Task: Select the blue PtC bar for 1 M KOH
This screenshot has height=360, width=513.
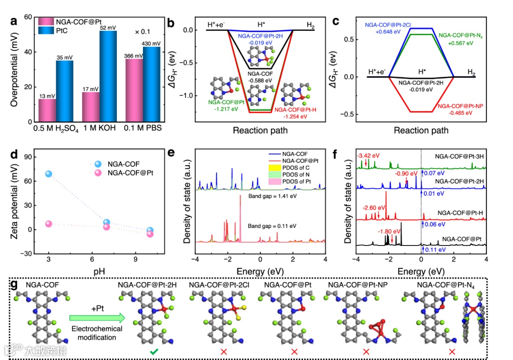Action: [x=108, y=76]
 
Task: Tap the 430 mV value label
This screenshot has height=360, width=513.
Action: [x=151, y=43]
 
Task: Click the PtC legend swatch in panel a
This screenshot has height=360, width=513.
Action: [x=44, y=31]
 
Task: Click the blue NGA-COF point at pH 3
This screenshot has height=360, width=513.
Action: [x=48, y=174]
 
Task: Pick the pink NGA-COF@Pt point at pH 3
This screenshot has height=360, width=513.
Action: [x=48, y=224]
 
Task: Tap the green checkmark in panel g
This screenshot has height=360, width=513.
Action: [x=154, y=351]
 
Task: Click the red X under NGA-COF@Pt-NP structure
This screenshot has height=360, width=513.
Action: [x=366, y=351]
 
